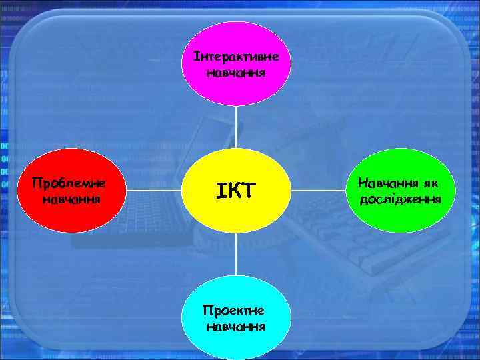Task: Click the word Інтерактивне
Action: point(237,57)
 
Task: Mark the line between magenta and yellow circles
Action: point(236,127)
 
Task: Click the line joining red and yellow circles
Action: point(153,191)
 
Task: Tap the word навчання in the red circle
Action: point(71,199)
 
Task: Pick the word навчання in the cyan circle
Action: point(236,327)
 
